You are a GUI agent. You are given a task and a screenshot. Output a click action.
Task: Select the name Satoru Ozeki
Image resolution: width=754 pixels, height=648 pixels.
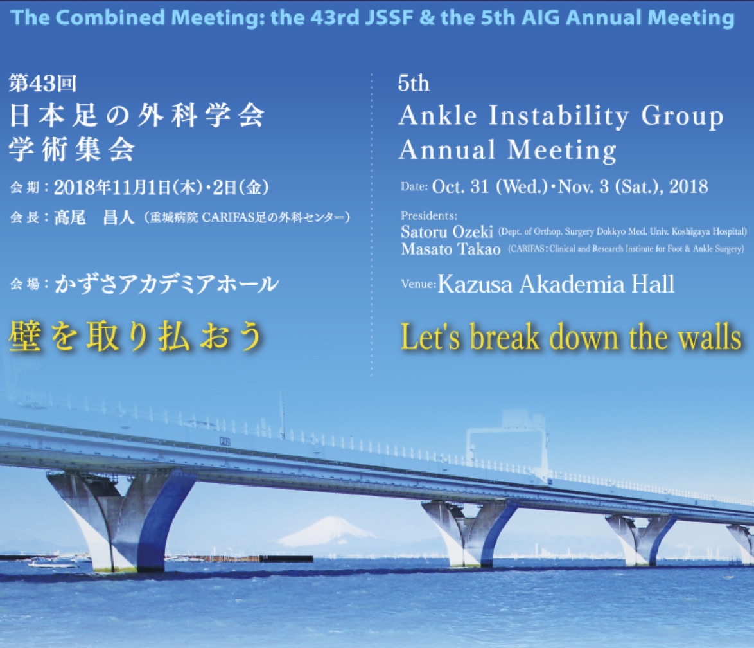pos(447,232)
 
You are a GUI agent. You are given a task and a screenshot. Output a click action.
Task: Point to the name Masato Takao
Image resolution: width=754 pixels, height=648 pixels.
pos(451,249)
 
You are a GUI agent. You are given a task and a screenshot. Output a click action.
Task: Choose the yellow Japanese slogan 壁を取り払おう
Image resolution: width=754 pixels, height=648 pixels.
pos(136,336)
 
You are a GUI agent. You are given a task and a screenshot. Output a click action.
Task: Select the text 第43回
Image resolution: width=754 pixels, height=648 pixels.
pos(43,84)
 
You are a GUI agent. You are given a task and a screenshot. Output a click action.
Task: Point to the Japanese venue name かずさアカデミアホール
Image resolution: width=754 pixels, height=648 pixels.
pos(166,284)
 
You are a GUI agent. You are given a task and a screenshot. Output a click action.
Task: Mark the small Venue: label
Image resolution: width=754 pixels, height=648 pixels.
pos(418,283)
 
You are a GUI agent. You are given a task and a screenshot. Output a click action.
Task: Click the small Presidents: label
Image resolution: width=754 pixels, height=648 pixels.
pos(429,215)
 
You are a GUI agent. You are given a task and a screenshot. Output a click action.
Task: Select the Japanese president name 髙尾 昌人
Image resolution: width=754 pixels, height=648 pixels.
pos(93,217)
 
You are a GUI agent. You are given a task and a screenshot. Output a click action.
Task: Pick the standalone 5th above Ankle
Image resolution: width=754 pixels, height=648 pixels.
pos(414,84)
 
